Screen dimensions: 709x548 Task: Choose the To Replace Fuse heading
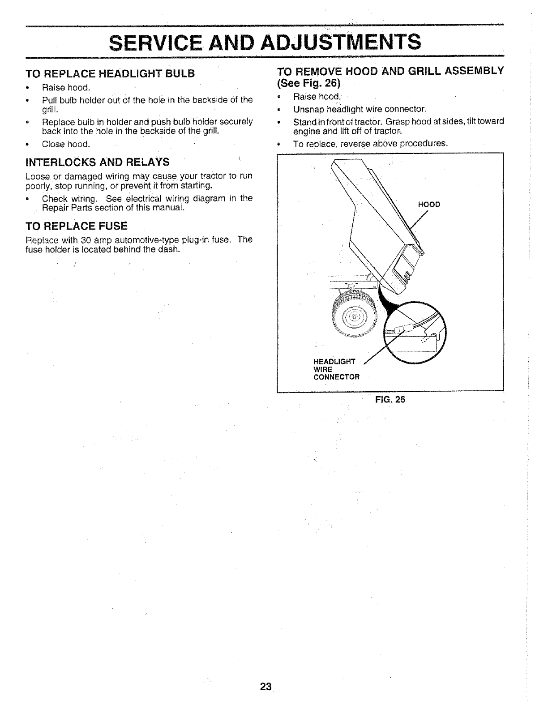[77, 225]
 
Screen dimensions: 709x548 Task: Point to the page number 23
[265, 687]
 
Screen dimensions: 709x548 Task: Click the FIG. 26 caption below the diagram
[390, 399]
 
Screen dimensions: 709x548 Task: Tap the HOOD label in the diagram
[429, 205]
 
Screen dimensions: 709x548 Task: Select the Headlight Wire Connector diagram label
[336, 369]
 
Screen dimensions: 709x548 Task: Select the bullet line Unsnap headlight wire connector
[360, 109]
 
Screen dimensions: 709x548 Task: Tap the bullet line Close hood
[66, 144]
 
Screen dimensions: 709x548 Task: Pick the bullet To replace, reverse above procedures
[370, 144]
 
